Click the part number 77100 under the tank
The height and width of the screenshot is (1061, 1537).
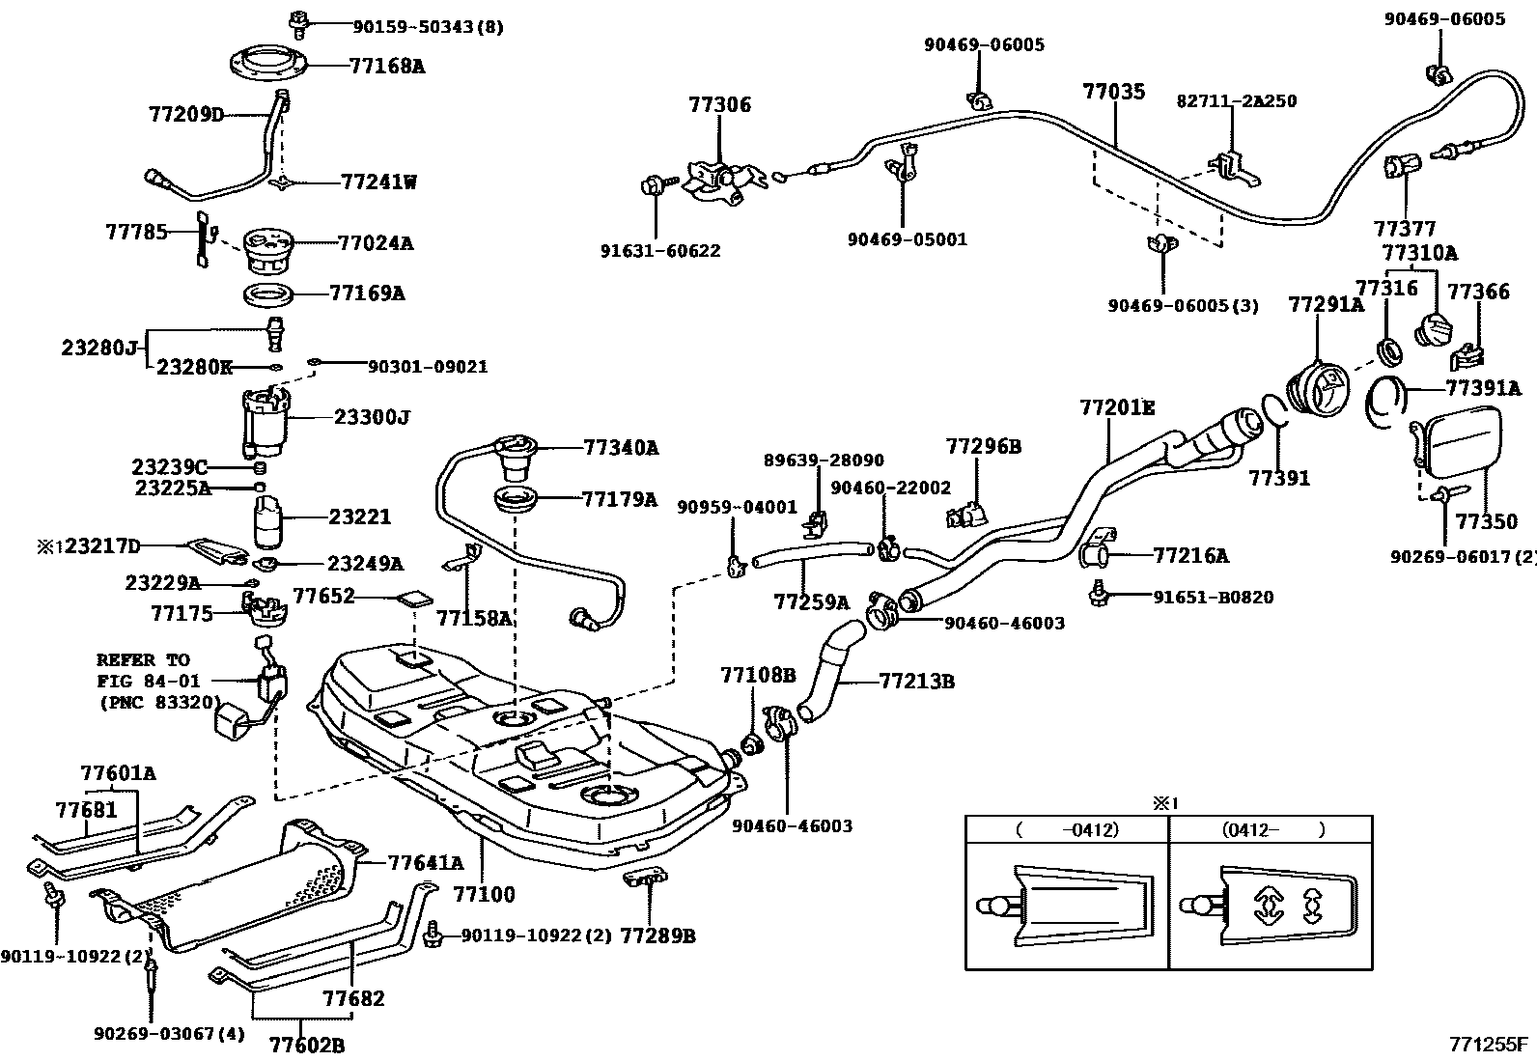[x=485, y=894]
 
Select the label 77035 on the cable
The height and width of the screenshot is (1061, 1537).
[x=1113, y=92]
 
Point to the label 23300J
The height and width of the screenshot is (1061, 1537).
[x=373, y=417]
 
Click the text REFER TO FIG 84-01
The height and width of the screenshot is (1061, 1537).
[x=145, y=671]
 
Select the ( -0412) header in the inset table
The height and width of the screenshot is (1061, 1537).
[x=1066, y=829]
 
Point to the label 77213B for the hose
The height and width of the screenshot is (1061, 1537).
[x=916, y=682]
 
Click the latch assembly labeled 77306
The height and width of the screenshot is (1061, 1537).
[x=719, y=180]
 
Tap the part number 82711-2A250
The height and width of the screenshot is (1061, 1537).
[x=1236, y=101]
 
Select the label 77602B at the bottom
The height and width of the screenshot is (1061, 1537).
[x=306, y=1045]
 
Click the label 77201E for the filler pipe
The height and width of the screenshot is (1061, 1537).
[x=1116, y=407]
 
